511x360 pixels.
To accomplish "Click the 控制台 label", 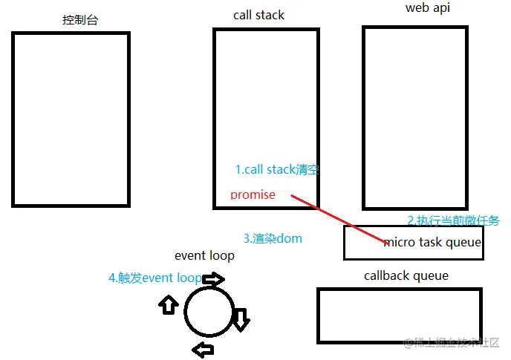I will coord(80,20).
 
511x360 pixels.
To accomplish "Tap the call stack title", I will coord(258,15).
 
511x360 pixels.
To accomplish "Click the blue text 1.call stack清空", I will coord(277,169).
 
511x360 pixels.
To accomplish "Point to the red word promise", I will coord(253,195).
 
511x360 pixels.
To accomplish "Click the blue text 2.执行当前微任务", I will coord(453,220).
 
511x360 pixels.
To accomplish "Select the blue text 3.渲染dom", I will coord(273,239).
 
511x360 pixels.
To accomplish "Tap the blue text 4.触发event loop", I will coord(154,278).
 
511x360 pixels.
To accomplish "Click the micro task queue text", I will coord(432,243).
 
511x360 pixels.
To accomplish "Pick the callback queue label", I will coord(406,276).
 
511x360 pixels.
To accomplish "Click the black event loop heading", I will coord(204,256).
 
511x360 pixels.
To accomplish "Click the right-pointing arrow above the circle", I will coord(213,280).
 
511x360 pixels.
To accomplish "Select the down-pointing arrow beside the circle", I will coord(241,318).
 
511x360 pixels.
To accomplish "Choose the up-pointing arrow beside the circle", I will coord(169,304).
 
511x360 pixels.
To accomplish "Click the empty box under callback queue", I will coord(399,315).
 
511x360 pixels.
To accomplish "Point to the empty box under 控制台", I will coord(71,119).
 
